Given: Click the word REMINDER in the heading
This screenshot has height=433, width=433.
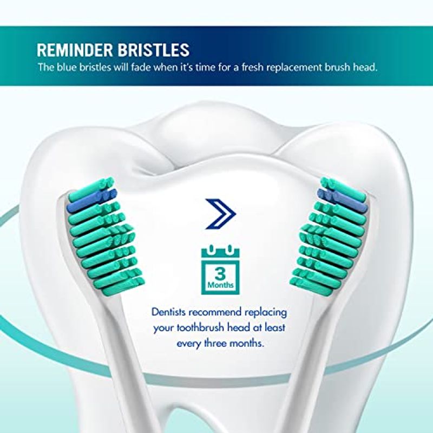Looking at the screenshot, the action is click(x=75, y=50).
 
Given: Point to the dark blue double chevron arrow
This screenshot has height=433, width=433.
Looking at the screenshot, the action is click(x=220, y=214).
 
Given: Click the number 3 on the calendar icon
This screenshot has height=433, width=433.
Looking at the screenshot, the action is click(x=220, y=274).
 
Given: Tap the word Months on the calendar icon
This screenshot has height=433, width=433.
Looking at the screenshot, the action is click(x=220, y=285).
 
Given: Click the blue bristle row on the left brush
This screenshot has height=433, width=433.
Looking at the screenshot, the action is click(x=92, y=200).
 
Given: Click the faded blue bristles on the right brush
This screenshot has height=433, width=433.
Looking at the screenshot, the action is click(x=343, y=200).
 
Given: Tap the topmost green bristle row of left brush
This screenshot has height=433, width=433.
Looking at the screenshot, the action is click(x=91, y=189).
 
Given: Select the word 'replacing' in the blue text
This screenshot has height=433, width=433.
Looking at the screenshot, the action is click(x=266, y=313).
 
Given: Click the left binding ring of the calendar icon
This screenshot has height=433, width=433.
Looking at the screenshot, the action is click(x=211, y=250).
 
